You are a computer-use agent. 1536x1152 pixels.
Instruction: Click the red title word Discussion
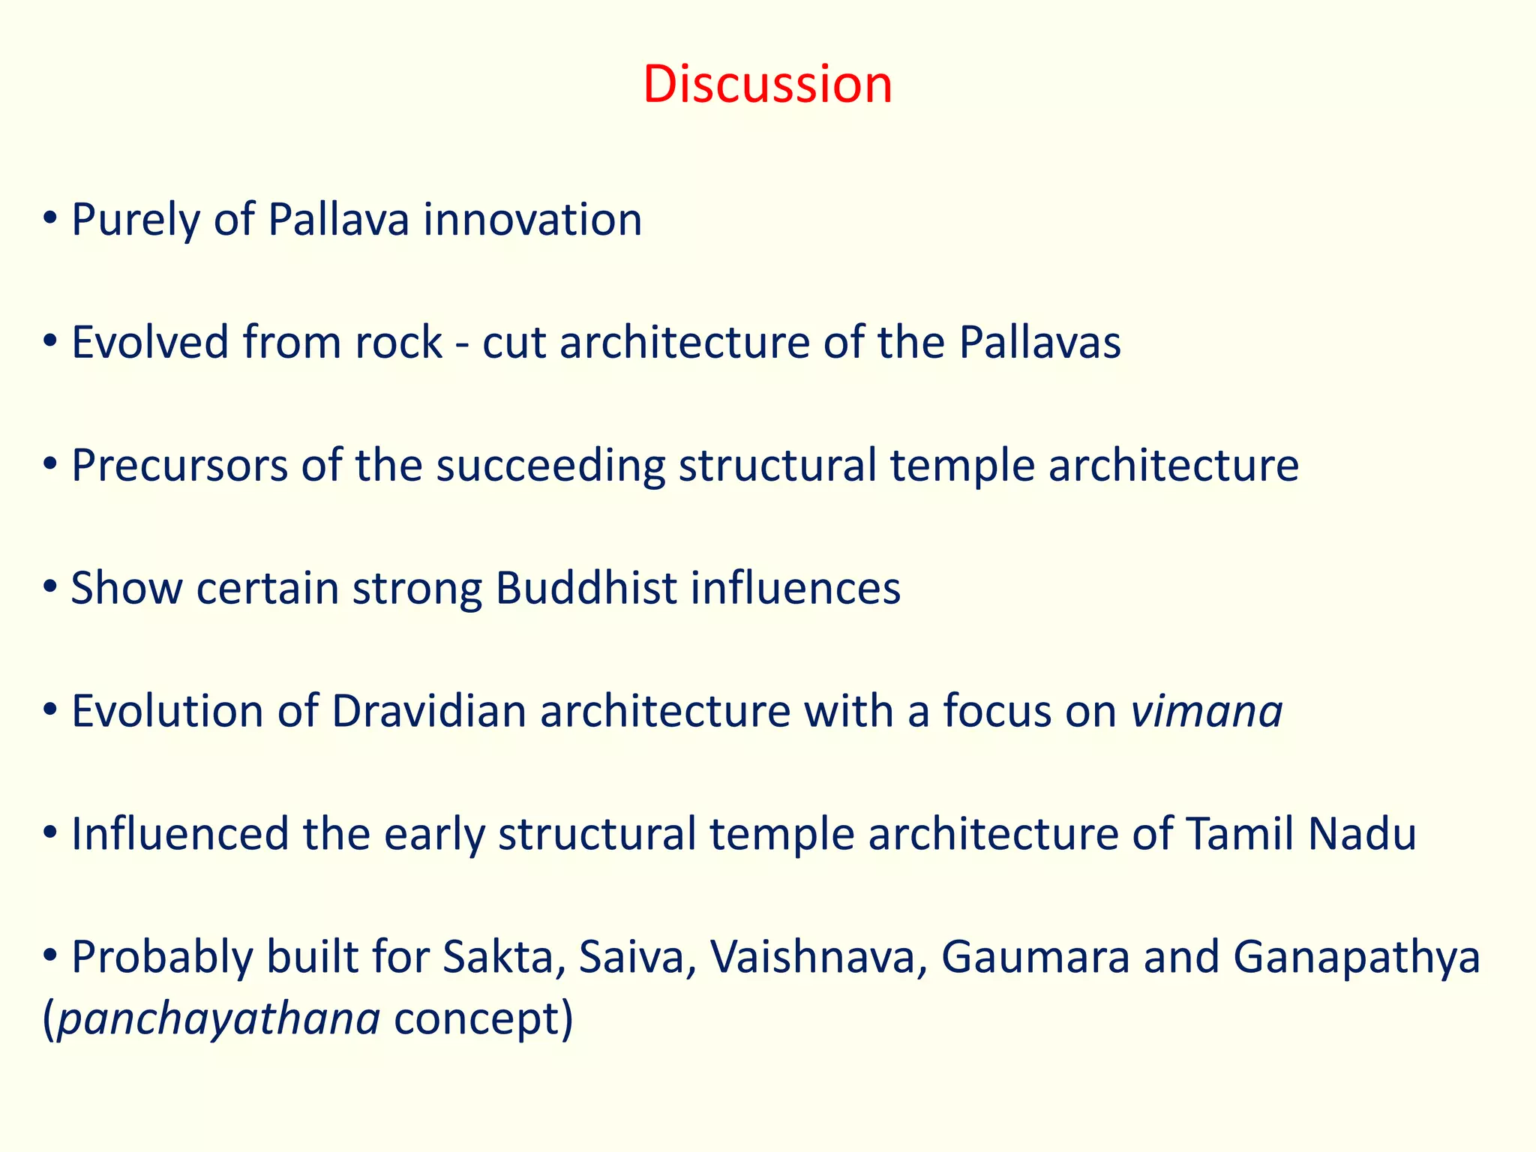[x=767, y=84]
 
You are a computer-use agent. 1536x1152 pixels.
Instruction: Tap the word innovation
[x=532, y=220]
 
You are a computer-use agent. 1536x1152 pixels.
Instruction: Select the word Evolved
[x=150, y=343]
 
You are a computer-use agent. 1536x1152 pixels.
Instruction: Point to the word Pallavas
[x=1039, y=343]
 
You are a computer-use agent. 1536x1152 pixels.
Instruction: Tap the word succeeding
[x=550, y=467]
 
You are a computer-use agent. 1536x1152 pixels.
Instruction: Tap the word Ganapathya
[x=1357, y=959]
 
